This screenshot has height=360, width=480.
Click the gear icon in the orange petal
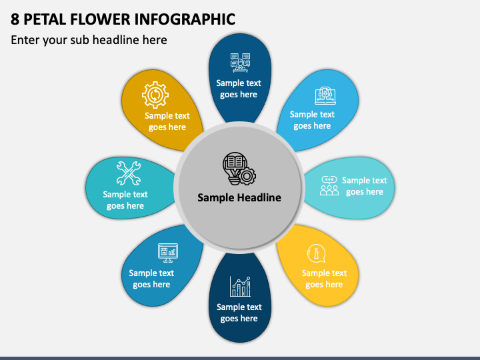[x=155, y=95]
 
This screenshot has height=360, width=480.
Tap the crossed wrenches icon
[x=129, y=173]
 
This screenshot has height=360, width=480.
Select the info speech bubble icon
[x=316, y=253]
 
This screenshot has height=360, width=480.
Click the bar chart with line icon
[x=240, y=286]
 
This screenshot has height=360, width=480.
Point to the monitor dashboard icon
[x=168, y=253]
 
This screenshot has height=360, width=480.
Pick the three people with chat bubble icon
[x=329, y=185]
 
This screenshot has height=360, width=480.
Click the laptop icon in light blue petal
[x=325, y=95]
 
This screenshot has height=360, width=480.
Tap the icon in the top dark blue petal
[x=240, y=63]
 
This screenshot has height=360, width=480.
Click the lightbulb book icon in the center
[x=239, y=169]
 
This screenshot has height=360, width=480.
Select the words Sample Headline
[x=239, y=197]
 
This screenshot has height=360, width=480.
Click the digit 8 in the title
[x=15, y=19]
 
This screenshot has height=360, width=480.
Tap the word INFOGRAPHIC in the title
[x=185, y=19]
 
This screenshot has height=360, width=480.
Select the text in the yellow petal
[x=324, y=279]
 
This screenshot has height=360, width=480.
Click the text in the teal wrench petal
[x=125, y=200]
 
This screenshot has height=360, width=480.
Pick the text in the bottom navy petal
[x=239, y=313]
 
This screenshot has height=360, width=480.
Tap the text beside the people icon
[x=365, y=186]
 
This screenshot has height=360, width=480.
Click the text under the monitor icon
[x=151, y=279]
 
